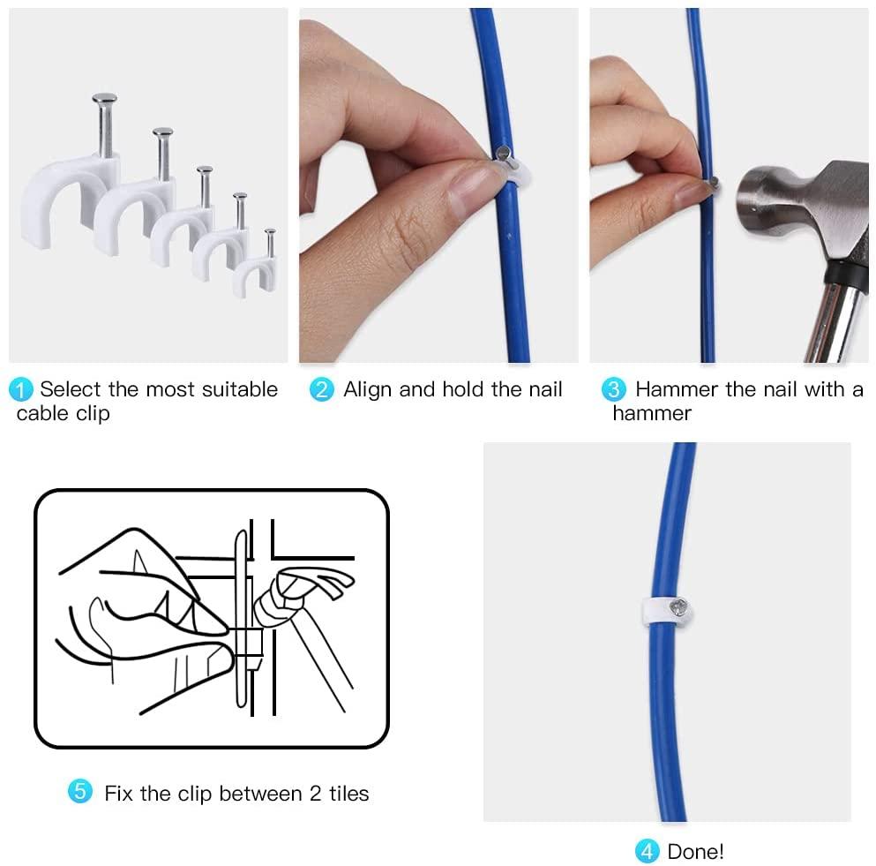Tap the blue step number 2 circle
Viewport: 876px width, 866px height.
322,389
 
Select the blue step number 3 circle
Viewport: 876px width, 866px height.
614,389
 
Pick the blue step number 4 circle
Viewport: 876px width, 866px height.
648,851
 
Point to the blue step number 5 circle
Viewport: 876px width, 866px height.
80,792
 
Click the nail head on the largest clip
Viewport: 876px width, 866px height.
104,100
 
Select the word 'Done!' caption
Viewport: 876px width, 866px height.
695,852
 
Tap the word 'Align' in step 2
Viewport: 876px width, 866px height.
368,390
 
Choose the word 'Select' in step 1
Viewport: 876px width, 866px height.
71,389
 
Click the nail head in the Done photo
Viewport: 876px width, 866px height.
679,608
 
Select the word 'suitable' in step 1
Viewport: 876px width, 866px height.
240,389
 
